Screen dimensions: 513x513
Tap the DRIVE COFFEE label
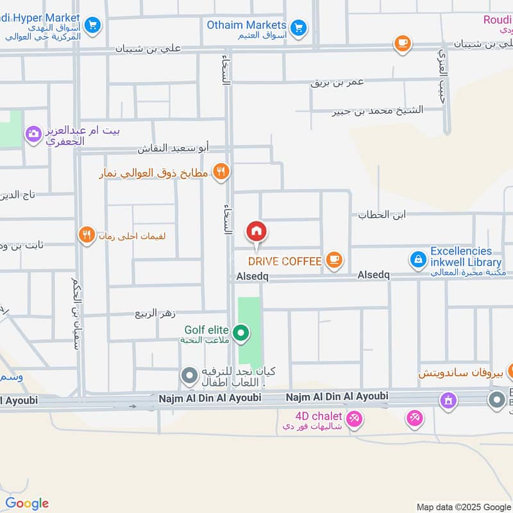(x=284, y=261)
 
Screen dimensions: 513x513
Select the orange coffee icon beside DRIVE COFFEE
(x=333, y=260)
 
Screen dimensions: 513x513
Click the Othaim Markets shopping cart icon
(x=298, y=27)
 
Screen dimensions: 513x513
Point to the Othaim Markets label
(x=246, y=24)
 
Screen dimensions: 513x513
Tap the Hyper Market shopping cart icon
(x=93, y=25)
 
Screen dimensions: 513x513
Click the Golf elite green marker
(x=241, y=333)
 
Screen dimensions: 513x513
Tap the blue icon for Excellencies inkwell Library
(x=417, y=260)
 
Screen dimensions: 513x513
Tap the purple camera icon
(x=33, y=135)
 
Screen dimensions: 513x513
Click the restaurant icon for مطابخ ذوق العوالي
(x=221, y=171)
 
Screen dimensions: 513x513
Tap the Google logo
(x=27, y=503)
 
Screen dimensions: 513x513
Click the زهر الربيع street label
(x=155, y=314)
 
